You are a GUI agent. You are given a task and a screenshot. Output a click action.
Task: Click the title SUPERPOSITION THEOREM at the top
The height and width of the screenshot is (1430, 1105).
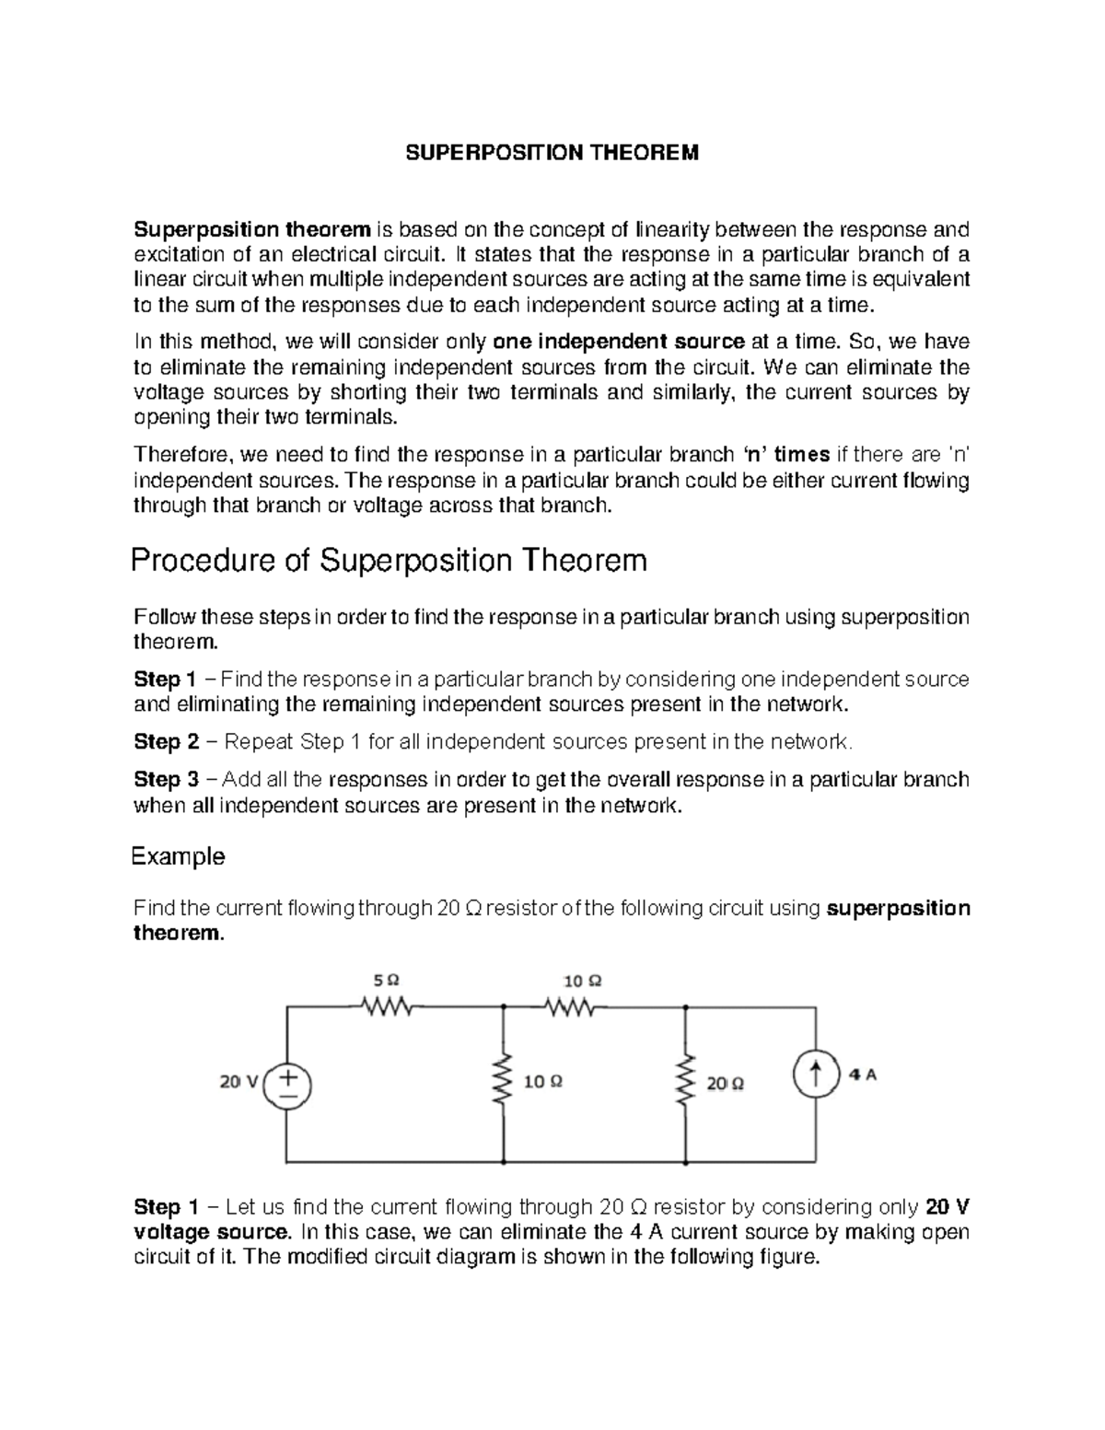[x=552, y=153]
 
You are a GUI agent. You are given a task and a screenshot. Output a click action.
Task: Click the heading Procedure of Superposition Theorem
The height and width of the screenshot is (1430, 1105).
[x=389, y=560]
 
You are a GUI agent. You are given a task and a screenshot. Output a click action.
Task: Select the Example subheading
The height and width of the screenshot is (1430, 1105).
[x=179, y=856]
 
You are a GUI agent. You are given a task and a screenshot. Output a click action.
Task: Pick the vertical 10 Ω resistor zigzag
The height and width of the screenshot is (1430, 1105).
[x=504, y=1082]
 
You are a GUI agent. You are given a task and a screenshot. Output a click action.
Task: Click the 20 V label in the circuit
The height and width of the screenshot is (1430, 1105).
[x=238, y=1082]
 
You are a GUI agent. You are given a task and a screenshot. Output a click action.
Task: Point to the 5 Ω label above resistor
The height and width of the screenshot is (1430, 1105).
[x=388, y=979]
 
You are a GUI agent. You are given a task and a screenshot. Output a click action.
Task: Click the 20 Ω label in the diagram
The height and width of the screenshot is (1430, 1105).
[x=726, y=1084]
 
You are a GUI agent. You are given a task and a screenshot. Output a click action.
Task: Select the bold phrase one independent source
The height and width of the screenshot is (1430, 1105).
[x=619, y=342]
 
